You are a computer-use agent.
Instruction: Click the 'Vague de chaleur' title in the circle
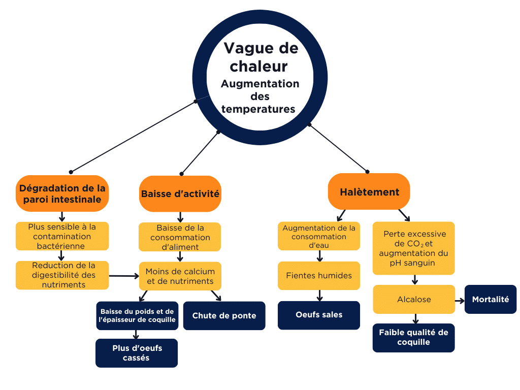tap(260, 57)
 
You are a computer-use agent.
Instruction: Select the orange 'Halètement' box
tap(369, 191)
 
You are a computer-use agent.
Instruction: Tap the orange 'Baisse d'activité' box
tap(180, 193)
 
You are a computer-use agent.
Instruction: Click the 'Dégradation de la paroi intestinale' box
tap(62, 193)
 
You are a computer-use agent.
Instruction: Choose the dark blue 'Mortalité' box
tap(490, 299)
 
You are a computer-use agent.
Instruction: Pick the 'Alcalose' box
tap(414, 299)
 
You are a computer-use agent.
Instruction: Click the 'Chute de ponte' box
tap(224, 315)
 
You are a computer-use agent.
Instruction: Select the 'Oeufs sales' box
tap(319, 315)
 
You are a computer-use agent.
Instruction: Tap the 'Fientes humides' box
tap(319, 275)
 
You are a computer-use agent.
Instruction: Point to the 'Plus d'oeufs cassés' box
tap(137, 353)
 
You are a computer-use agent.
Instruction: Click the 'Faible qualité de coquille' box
tap(413, 337)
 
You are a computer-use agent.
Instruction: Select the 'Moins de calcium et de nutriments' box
tap(180, 276)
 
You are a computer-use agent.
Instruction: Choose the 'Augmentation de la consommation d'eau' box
tap(319, 236)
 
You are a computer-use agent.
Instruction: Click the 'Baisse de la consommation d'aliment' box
tap(180, 237)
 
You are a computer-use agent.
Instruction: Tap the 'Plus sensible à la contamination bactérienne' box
tap(62, 236)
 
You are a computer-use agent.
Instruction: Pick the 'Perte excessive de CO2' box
tap(414, 248)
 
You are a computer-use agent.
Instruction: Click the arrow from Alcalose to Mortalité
tap(459, 300)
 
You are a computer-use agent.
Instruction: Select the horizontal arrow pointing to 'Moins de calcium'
tap(124, 276)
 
